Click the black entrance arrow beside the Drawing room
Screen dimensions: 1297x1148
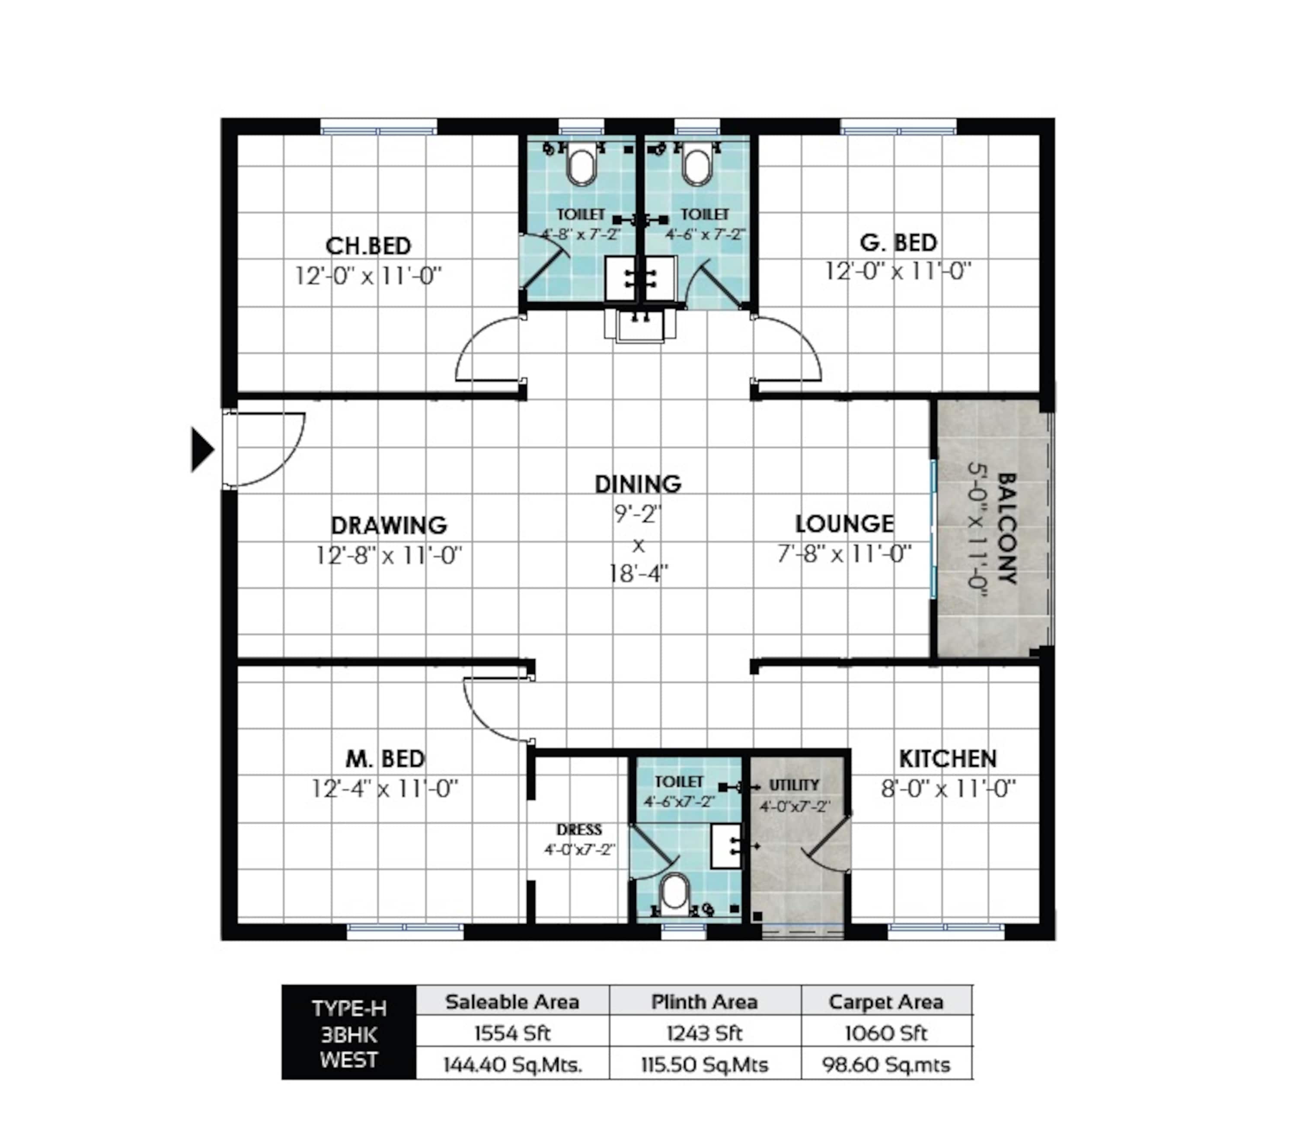coord(202,450)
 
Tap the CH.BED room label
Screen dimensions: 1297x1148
coord(369,246)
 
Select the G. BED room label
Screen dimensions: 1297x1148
coord(898,242)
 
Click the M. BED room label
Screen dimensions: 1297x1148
coord(385,759)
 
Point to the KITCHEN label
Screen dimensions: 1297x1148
coord(948,759)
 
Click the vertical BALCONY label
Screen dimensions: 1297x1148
coord(1007,528)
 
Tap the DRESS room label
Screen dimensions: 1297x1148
coord(579,829)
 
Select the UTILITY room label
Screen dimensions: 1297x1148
coord(794,785)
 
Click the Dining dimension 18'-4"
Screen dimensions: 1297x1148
coord(639,574)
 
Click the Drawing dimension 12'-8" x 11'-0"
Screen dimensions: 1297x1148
coord(389,555)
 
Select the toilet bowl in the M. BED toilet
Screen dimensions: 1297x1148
coord(674,894)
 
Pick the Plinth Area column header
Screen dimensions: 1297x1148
coord(704,1002)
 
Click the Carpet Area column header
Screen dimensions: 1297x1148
coord(886,1002)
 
